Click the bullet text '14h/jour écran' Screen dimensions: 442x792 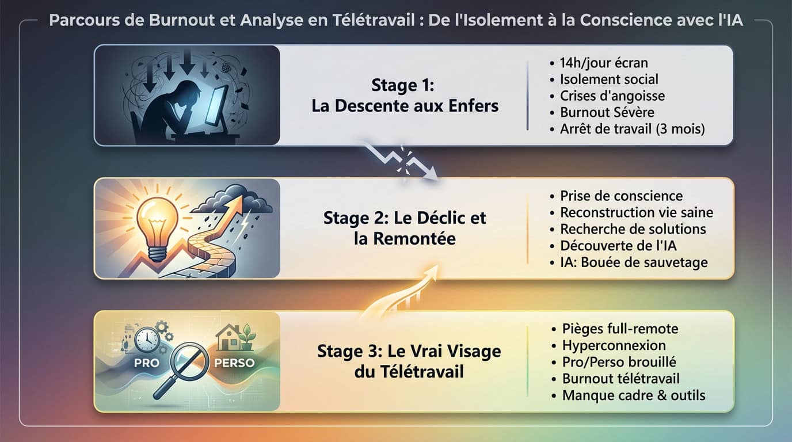[604, 63]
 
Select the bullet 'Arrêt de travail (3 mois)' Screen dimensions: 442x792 [632, 129]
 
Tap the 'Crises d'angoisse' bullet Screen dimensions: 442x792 [612, 96]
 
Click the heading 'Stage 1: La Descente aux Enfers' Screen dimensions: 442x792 [405, 96]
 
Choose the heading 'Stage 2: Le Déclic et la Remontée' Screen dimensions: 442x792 [405, 228]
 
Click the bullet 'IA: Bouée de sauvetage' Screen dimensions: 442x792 [634, 262]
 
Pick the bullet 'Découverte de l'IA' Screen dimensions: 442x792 [618, 246]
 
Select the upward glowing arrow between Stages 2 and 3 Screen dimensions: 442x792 [403, 293]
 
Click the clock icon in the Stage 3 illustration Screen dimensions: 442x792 [146, 340]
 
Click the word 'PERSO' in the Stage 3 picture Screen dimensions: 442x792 [235, 364]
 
